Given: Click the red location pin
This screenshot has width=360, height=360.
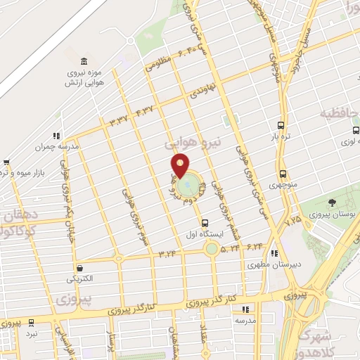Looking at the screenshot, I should click(181, 165).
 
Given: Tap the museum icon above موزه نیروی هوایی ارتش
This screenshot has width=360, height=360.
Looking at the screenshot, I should click(84, 60).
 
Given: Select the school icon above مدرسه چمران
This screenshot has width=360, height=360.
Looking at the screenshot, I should click(56, 136).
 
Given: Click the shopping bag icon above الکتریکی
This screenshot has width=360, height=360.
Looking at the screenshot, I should click(79, 268).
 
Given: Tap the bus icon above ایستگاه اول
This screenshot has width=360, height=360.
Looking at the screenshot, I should click(205, 223).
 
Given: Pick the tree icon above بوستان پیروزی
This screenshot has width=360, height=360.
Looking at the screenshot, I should click(332, 202).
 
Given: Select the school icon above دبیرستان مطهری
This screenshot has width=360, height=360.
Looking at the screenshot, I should click(275, 253).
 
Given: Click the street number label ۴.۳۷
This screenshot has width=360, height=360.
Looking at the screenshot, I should click(144, 111).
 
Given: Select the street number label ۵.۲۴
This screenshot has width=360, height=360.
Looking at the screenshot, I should click(230, 247).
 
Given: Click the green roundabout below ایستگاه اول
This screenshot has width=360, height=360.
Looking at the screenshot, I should click(211, 248).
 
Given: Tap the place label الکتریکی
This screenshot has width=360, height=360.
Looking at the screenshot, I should click(79, 279).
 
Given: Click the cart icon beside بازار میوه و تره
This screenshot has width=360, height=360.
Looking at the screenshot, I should click(6, 163).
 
